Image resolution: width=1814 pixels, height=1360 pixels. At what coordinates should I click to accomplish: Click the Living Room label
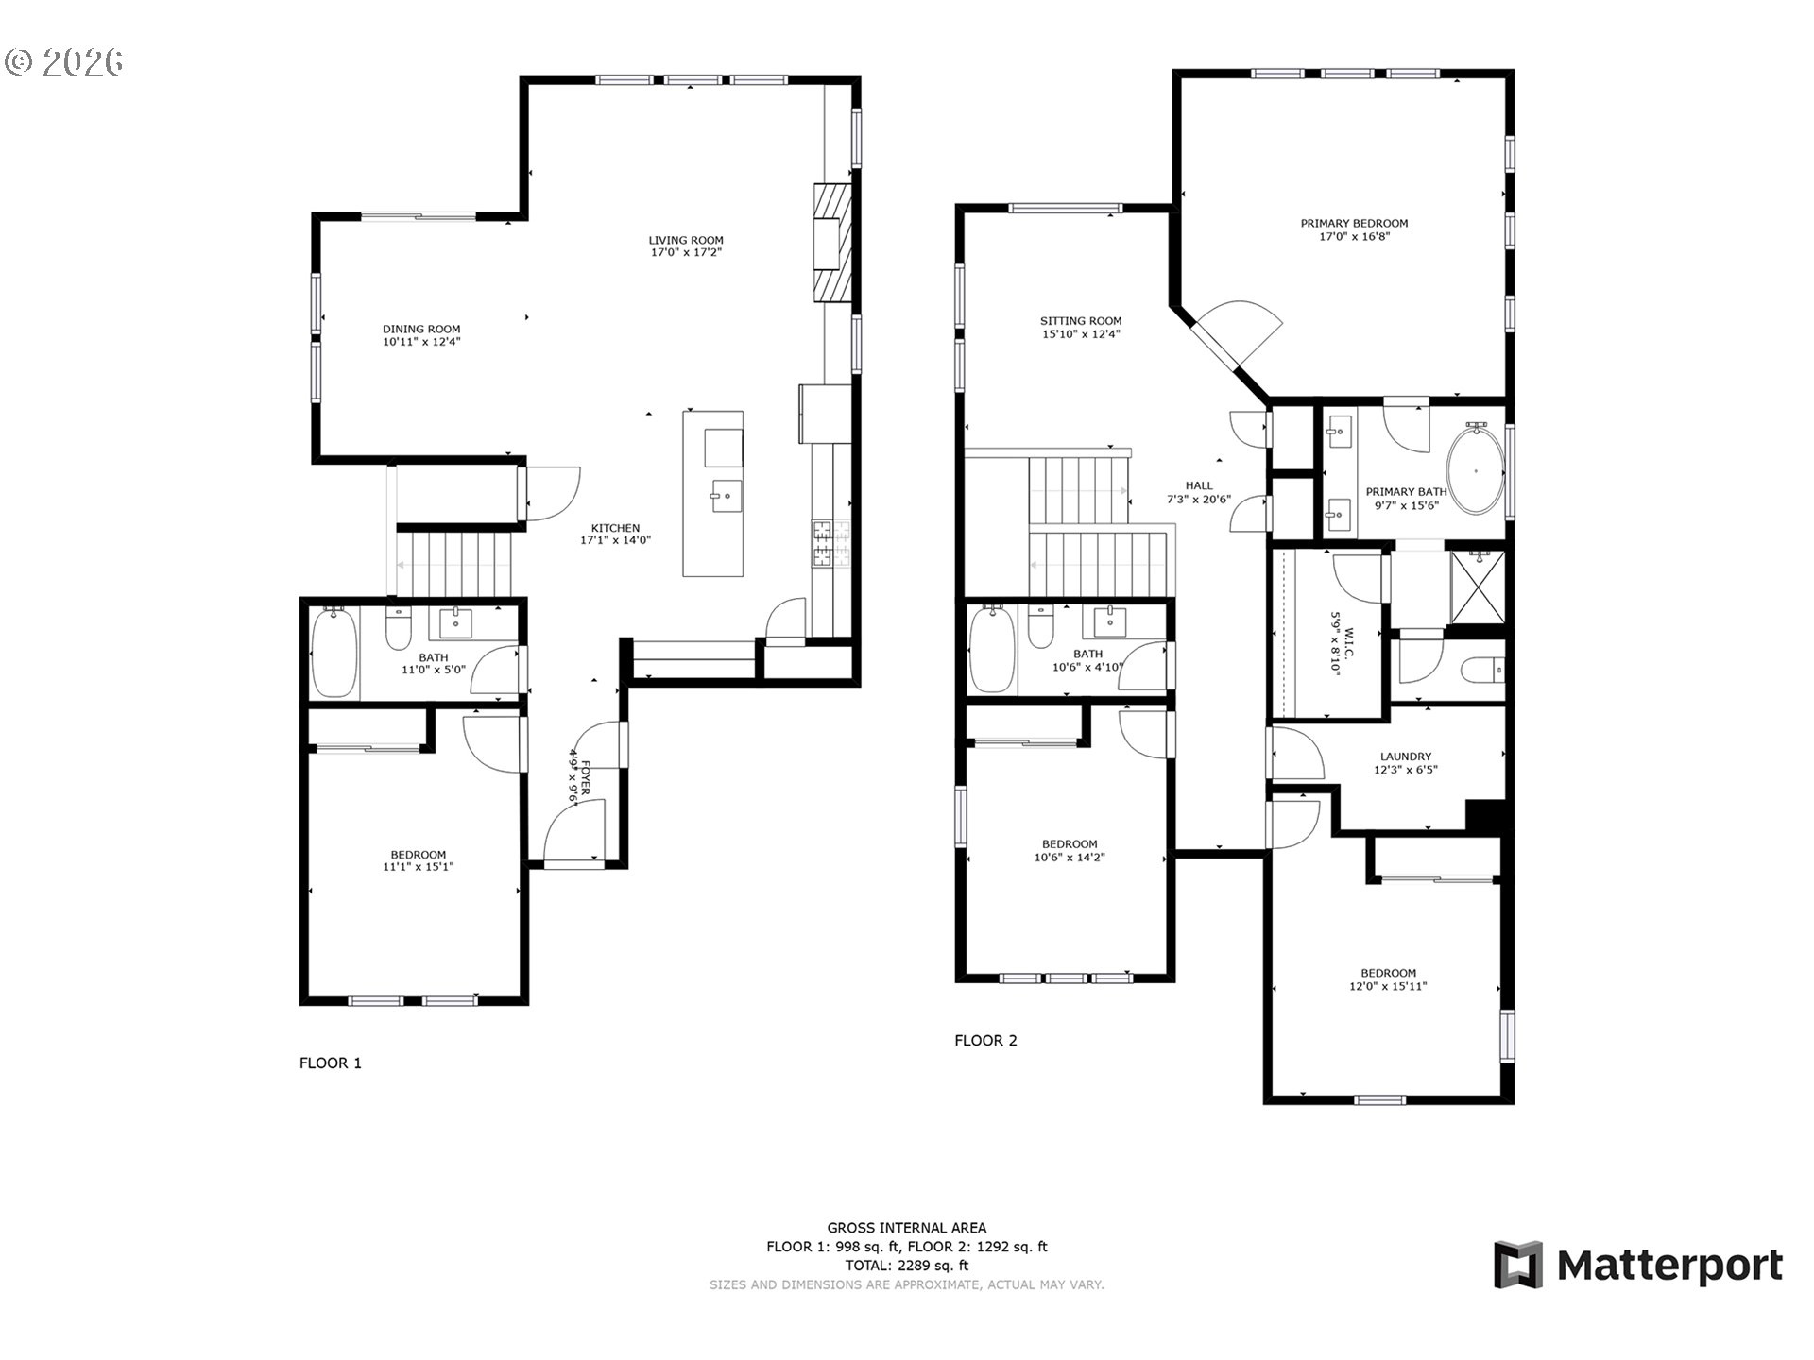pos(685,240)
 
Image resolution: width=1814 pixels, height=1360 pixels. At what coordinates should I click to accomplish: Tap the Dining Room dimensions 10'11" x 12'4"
pos(421,342)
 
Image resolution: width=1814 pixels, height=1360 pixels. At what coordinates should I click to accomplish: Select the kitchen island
pos(712,493)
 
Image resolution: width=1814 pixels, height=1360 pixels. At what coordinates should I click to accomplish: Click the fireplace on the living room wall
pos(832,241)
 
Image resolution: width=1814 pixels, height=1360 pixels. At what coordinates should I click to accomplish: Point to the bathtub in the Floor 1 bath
pos(334,653)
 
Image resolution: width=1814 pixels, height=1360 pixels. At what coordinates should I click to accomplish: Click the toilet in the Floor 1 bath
pos(399,627)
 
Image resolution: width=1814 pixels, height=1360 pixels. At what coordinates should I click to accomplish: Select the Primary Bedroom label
pos(1354,224)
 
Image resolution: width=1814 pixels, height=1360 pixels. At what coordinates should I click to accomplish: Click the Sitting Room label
pos(1081,321)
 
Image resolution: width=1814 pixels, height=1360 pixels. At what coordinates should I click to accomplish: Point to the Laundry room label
pos(1405,756)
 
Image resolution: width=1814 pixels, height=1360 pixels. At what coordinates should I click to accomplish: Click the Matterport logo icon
pos(1517,1265)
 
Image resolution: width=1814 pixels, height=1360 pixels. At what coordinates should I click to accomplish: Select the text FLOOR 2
pos(985,1041)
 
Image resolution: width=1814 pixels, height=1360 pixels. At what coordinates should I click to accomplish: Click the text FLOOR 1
pos(331,1063)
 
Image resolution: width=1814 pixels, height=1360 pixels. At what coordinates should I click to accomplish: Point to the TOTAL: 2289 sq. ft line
pos(907,1266)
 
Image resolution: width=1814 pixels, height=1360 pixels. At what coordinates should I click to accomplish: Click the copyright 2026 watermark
pos(64,62)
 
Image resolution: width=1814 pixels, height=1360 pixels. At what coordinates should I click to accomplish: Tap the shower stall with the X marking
pos(1478,586)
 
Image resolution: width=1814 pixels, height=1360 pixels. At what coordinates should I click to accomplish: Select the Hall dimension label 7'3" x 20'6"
pos(1199,500)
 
